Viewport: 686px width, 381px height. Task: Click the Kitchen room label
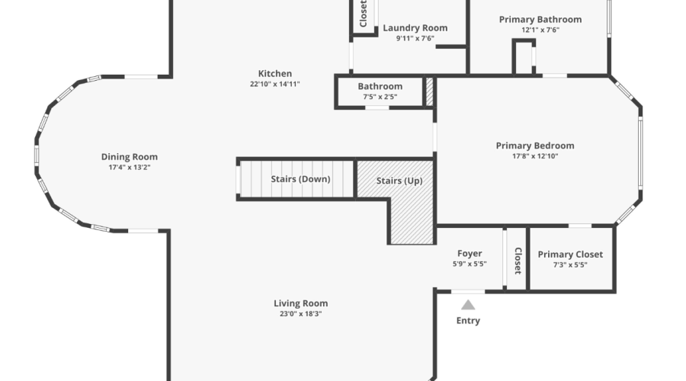click(274, 74)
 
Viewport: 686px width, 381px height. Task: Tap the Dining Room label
click(130, 157)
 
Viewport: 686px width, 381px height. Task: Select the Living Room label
click(300, 303)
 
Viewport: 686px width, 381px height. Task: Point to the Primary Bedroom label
click(535, 146)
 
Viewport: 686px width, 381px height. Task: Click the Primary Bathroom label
click(540, 20)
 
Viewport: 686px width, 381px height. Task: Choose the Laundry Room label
click(415, 28)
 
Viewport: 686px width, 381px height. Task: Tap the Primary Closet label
click(570, 255)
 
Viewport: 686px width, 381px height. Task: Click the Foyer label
click(470, 254)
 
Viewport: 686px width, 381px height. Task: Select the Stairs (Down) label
click(300, 180)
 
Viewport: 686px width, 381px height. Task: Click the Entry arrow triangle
click(468, 305)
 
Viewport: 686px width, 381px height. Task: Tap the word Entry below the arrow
click(468, 321)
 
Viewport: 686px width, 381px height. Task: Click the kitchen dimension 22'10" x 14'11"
click(274, 84)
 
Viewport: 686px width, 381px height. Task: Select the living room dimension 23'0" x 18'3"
click(300, 313)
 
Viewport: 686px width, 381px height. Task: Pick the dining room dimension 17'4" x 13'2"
click(130, 167)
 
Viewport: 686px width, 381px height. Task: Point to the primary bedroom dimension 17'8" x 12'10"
click(535, 155)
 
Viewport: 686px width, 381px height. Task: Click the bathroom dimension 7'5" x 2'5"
click(380, 97)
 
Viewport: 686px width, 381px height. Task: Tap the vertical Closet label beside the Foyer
click(518, 261)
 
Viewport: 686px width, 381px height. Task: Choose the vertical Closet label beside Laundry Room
click(363, 13)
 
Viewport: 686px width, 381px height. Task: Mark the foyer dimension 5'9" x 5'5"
click(470, 264)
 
